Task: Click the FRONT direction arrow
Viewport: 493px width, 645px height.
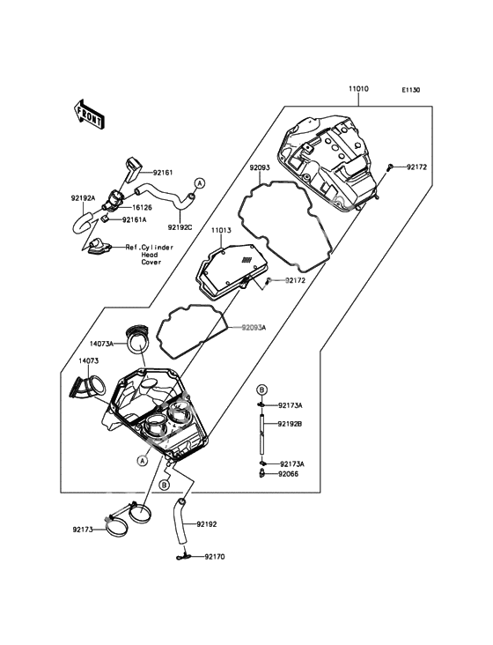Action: [x=88, y=114]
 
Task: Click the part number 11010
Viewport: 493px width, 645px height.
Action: [x=358, y=89]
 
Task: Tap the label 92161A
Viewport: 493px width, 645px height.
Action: [x=134, y=220]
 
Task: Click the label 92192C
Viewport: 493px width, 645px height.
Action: [x=180, y=226]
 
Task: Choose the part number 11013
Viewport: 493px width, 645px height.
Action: [x=221, y=231]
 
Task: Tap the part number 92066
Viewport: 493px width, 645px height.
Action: [x=288, y=474]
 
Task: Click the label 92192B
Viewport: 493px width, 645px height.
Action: [x=290, y=424]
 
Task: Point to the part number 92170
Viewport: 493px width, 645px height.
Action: [x=215, y=557]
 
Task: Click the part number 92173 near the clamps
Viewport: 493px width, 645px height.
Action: [x=83, y=529]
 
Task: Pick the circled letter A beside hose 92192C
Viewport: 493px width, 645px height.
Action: [x=199, y=183]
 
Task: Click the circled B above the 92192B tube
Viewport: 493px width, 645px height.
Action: [x=261, y=389]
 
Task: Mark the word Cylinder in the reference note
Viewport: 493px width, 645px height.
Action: [x=158, y=248]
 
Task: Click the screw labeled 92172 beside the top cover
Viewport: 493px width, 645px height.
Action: [x=389, y=167]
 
